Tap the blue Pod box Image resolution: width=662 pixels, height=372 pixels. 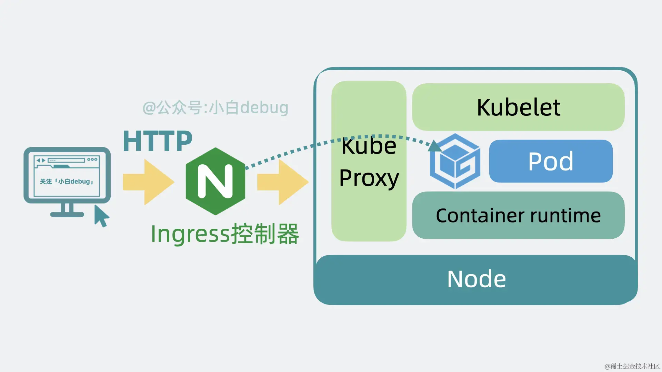click(x=551, y=161)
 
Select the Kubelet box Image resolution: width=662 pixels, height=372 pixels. click(x=518, y=107)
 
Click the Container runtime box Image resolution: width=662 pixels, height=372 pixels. click(x=518, y=216)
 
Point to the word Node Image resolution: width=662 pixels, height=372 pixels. click(x=477, y=279)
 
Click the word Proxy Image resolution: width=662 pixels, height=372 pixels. click(x=369, y=178)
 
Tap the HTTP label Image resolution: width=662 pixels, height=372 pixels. click(x=157, y=141)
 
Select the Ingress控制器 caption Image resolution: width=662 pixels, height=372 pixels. click(x=225, y=234)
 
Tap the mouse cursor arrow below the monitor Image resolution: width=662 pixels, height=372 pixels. click(x=101, y=216)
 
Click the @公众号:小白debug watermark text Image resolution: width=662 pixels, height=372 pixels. click(x=215, y=107)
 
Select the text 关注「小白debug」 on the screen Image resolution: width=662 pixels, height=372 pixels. click(x=67, y=182)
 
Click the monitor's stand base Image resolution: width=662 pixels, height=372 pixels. click(x=67, y=215)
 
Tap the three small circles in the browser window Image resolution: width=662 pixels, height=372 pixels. click(x=92, y=159)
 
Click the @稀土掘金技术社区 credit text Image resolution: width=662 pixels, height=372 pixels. click(x=632, y=366)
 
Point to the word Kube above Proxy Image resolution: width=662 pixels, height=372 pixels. click(x=369, y=146)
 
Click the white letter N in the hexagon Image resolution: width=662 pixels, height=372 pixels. click(x=215, y=181)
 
